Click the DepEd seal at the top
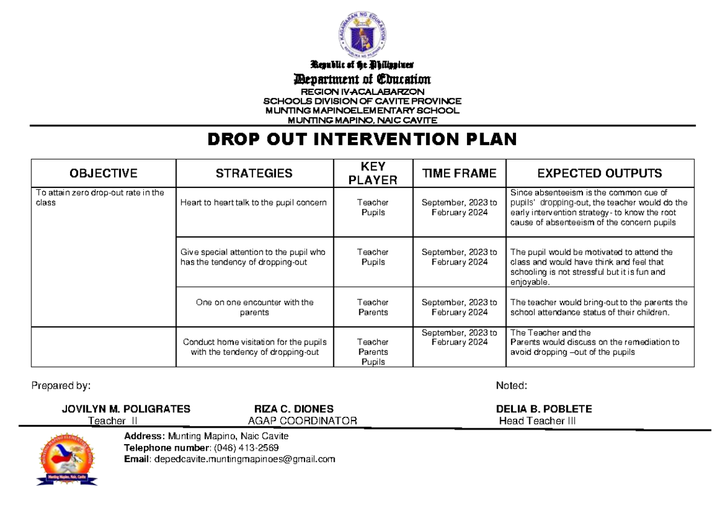pyautogui.click(x=361, y=35)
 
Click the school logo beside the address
pyautogui.click(x=67, y=459)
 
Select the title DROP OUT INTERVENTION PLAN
pyautogui.click(x=362, y=140)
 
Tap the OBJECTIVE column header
pyautogui.click(x=103, y=173)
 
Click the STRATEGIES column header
pyautogui.click(x=254, y=173)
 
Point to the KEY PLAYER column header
pyautogui.click(x=373, y=173)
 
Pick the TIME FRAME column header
pyautogui.click(x=459, y=173)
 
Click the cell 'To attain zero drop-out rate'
pyautogui.click(x=100, y=198)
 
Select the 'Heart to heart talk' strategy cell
pyautogui.click(x=253, y=202)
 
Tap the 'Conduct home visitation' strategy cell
pyautogui.click(x=254, y=347)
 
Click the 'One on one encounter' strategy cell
pyautogui.click(x=254, y=307)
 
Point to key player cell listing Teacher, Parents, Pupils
pyautogui.click(x=373, y=352)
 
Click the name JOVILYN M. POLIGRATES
pyautogui.click(x=126, y=409)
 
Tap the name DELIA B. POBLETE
pyautogui.click(x=544, y=409)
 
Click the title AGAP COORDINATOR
pyautogui.click(x=302, y=421)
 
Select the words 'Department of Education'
pyautogui.click(x=362, y=79)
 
